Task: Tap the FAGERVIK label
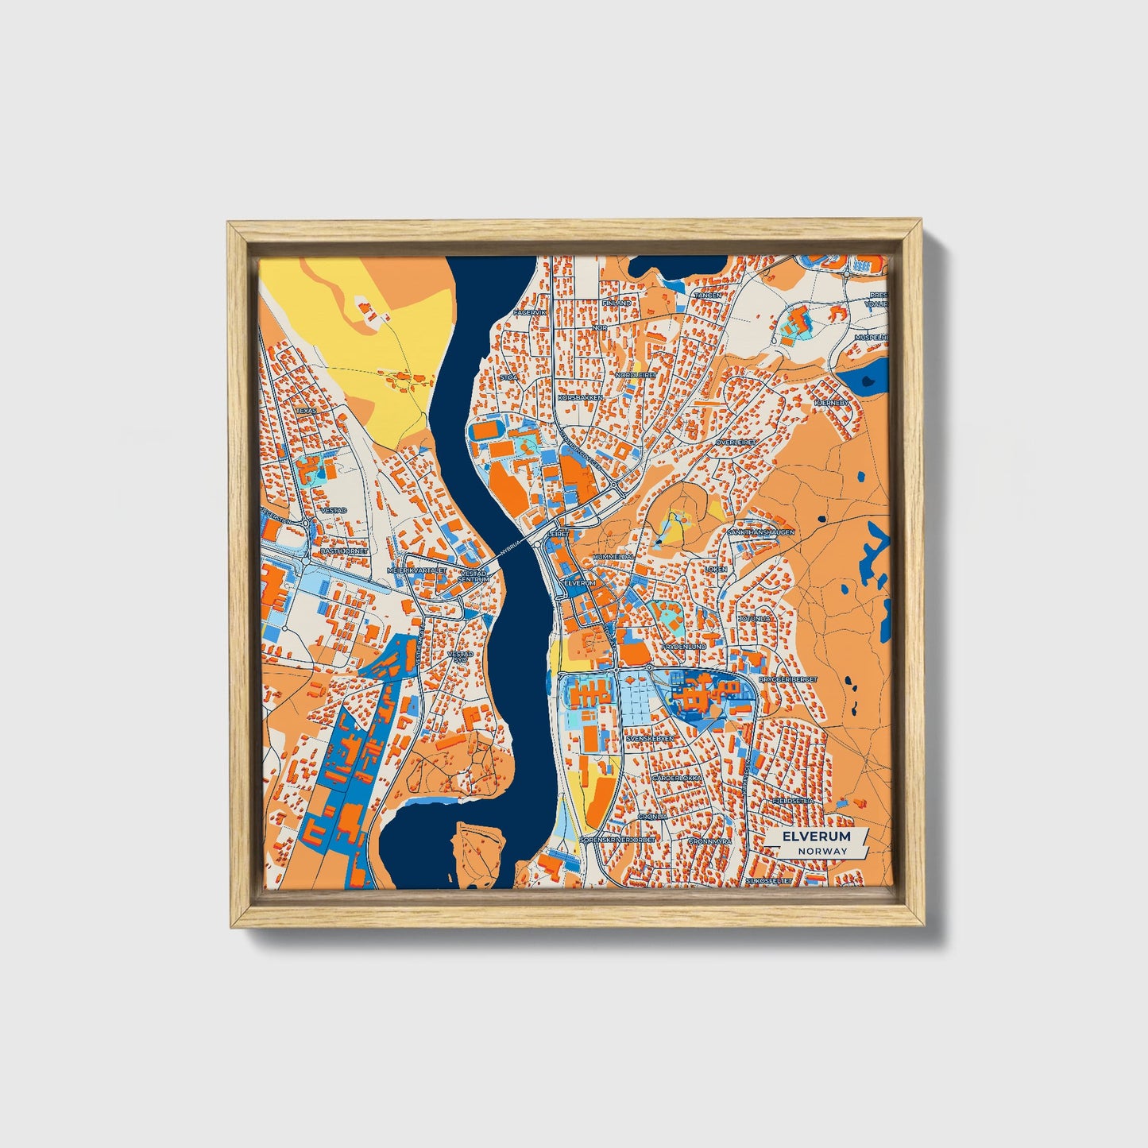[x=530, y=313]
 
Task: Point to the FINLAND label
[x=617, y=303]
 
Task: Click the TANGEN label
[x=708, y=296]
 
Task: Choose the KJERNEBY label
[x=831, y=403]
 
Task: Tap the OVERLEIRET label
[x=736, y=442]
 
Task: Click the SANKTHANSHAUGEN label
[x=760, y=532]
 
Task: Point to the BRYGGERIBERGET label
[x=787, y=680]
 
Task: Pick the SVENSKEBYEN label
[x=650, y=738]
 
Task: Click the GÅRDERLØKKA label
[x=677, y=778]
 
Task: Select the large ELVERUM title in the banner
[x=816, y=837]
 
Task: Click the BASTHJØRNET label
[x=343, y=550]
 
